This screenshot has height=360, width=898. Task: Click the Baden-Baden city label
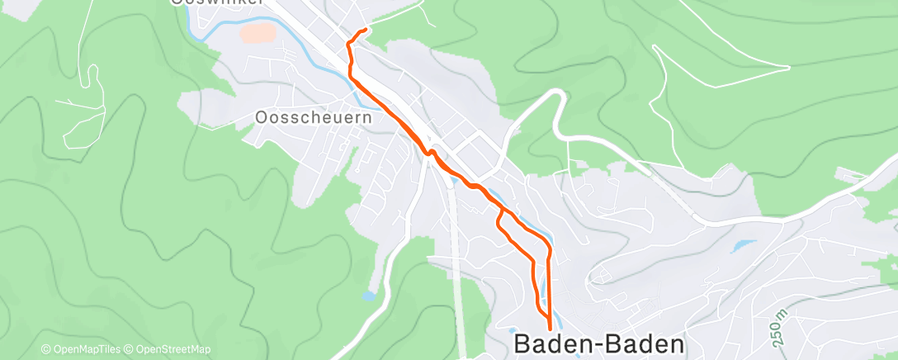599,343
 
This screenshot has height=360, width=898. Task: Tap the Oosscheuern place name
314,118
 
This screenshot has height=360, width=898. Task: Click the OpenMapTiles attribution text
84,349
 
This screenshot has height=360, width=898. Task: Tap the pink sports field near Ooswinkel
257,34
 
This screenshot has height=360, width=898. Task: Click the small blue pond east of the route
741,245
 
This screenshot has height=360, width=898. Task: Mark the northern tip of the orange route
365,30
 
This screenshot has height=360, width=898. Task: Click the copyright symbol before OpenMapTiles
46,349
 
